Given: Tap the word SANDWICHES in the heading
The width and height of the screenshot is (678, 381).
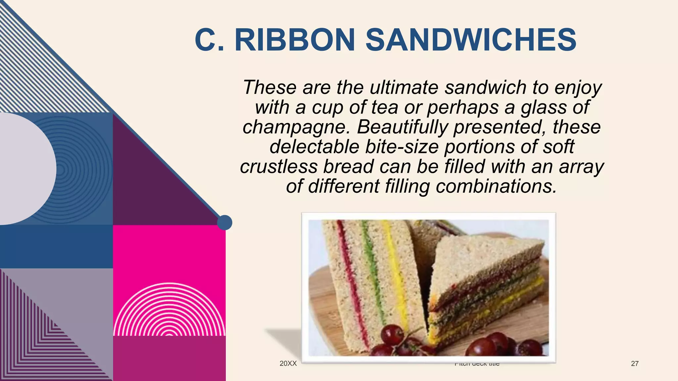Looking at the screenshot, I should click(x=471, y=40).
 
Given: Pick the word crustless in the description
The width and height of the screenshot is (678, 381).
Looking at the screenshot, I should click(x=278, y=166).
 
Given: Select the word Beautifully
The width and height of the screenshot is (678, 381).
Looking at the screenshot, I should click(x=402, y=127).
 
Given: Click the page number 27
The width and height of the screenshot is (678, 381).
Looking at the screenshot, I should click(x=635, y=363).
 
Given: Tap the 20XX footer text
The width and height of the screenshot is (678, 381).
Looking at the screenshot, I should click(x=288, y=363).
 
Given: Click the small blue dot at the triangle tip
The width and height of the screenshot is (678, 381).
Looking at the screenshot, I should click(x=224, y=222).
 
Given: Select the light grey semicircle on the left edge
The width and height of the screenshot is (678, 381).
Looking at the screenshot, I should click(x=23, y=169).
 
